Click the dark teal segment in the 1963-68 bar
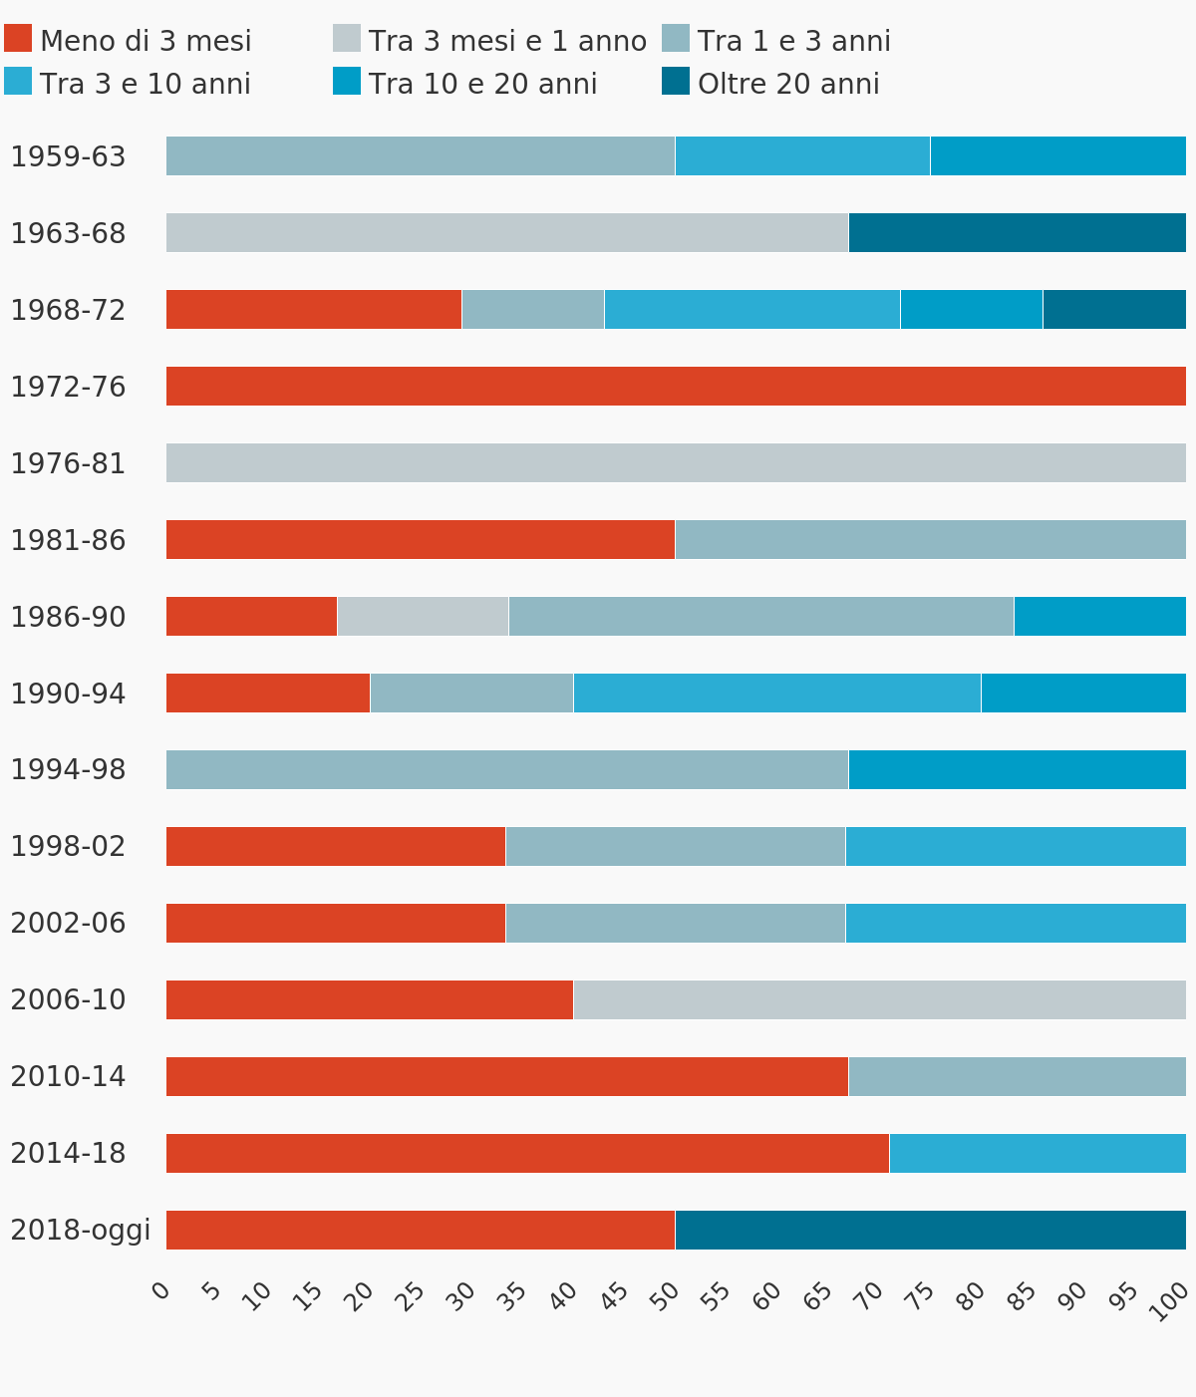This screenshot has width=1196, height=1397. (x=1017, y=232)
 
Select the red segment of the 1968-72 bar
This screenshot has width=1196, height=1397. (x=314, y=309)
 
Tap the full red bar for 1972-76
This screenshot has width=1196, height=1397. (x=676, y=386)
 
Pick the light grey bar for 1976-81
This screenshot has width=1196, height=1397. (x=676, y=462)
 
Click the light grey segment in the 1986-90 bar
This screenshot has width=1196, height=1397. (x=423, y=616)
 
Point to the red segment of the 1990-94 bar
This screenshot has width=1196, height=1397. (x=268, y=693)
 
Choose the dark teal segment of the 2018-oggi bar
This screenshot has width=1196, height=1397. (x=930, y=1230)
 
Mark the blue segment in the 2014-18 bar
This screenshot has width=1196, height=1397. (x=1037, y=1153)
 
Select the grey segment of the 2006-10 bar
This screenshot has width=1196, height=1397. (x=879, y=999)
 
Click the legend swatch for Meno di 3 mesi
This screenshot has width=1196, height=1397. (x=18, y=39)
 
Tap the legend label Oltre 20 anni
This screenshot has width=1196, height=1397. (x=788, y=84)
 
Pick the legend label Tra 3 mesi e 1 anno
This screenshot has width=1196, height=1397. (x=507, y=41)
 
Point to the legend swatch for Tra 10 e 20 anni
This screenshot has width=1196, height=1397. (x=347, y=82)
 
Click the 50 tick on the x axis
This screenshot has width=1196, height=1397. (x=666, y=1292)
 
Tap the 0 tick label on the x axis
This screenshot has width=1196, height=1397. (x=160, y=1291)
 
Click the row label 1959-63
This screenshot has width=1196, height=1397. (x=68, y=156)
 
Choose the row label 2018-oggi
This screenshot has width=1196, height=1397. (x=81, y=1230)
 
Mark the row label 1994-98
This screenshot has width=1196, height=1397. (x=68, y=769)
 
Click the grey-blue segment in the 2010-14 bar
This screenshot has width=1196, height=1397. (x=1017, y=1076)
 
